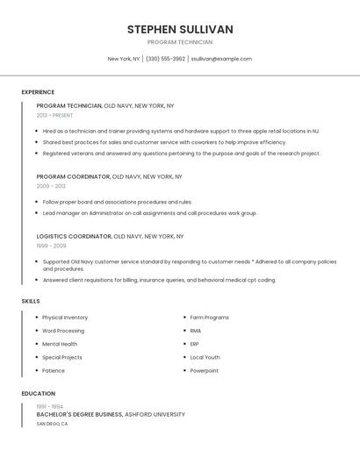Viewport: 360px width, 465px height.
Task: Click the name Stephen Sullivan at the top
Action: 180,29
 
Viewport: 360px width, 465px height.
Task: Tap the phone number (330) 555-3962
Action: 165,59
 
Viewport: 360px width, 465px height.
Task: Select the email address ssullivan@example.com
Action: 221,59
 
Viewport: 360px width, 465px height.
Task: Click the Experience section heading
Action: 38,92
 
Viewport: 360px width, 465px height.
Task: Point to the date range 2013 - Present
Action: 55,115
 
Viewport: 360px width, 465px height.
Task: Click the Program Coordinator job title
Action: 73,176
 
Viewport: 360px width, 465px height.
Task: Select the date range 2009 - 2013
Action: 51,186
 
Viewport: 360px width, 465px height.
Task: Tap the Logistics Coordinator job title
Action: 74,236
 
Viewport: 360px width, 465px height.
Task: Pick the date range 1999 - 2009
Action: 51,246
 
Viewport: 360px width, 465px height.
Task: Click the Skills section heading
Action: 30,301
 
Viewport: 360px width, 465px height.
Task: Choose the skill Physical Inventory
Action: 65,318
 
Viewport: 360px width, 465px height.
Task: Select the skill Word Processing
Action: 63,331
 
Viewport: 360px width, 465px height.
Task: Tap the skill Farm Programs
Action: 210,318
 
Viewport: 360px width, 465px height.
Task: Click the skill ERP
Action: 195,344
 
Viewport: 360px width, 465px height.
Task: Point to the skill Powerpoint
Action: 204,371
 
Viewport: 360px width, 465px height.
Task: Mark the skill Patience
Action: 54,371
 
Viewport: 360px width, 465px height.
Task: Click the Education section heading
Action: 39,394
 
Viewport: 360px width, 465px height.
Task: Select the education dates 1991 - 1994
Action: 49,407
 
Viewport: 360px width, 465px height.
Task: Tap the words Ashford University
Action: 155,414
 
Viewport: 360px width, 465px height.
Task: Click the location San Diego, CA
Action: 52,424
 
